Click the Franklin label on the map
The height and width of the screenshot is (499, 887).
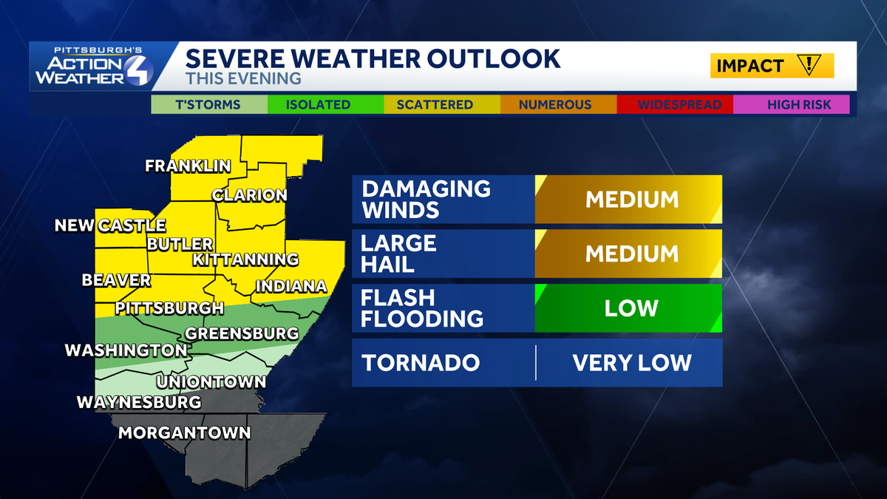click(188, 166)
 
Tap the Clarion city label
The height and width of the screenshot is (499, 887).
click(249, 196)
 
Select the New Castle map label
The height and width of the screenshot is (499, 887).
click(110, 225)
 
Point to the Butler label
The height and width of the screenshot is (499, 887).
click(180, 244)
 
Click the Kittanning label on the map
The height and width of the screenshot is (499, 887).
click(245, 259)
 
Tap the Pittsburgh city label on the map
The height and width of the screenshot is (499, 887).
click(170, 308)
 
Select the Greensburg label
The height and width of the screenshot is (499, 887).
click(242, 333)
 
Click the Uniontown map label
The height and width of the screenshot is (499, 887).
click(211, 382)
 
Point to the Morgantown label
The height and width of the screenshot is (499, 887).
click(185, 432)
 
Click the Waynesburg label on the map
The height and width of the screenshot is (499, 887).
click(139, 402)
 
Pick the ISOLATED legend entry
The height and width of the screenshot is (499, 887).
click(318, 104)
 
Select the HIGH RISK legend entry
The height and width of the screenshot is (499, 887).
click(798, 104)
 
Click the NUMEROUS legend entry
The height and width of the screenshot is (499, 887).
click(555, 104)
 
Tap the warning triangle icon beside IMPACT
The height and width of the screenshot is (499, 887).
click(810, 65)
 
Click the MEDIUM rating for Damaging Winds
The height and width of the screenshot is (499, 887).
click(631, 200)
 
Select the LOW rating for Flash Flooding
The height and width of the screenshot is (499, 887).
click(631, 308)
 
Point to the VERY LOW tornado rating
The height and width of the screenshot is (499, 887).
click(631, 362)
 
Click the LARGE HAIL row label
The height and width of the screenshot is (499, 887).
click(398, 254)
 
